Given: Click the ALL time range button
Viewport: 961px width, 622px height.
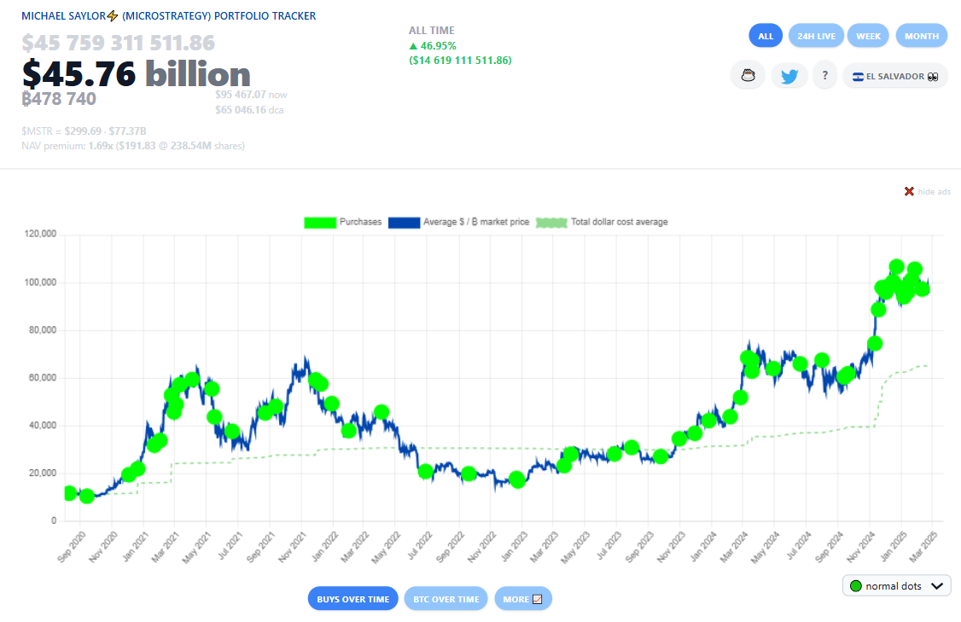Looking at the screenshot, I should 766,36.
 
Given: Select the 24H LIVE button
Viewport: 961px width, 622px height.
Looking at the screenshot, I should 816,36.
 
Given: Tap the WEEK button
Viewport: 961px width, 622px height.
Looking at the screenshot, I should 868,36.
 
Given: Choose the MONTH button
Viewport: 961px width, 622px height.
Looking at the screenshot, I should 922,36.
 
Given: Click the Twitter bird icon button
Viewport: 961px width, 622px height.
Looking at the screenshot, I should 789,76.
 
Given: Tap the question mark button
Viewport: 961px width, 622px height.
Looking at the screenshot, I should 824,76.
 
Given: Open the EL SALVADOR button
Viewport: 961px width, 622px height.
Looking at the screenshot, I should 894,76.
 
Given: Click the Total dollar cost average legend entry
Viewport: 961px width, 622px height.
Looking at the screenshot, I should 601,223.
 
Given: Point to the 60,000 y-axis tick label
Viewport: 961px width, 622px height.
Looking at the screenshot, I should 41,377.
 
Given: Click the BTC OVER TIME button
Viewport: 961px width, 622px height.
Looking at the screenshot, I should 446,599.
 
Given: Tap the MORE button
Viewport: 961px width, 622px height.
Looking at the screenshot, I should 523,599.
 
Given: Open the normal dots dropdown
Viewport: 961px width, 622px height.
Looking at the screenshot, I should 896,586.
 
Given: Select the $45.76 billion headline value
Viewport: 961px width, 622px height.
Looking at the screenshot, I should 137,74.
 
